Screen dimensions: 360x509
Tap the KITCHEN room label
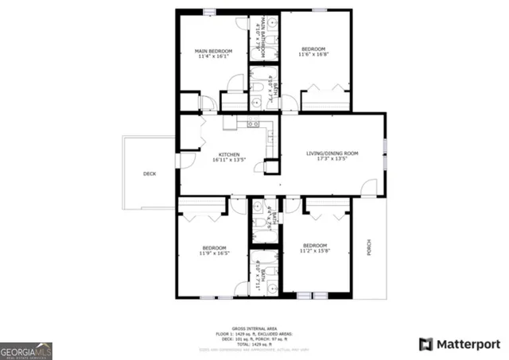tap(230, 153)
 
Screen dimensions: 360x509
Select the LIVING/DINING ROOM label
tap(332, 153)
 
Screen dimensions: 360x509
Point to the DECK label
tap(149, 173)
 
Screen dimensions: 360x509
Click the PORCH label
tap(367, 248)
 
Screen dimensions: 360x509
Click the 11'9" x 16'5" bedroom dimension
tap(215, 254)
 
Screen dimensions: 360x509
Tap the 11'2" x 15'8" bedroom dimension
tap(315, 251)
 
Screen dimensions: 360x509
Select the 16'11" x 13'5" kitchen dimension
tap(229, 160)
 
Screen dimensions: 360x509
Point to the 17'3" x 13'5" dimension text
tap(332, 159)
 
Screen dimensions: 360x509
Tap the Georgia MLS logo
tap(26, 350)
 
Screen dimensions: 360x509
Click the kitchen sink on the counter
tap(254, 124)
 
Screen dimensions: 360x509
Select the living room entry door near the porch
tap(368, 188)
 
